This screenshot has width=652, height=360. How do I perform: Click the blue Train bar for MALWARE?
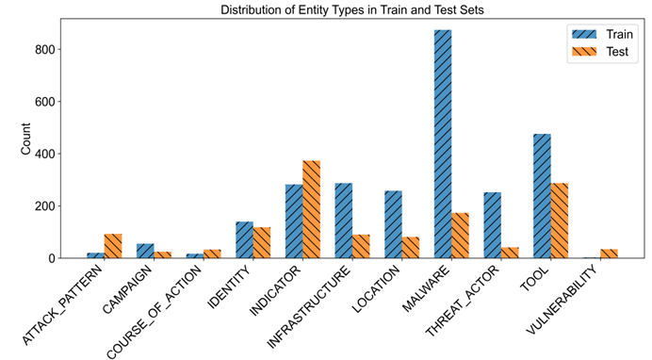(x=443, y=144)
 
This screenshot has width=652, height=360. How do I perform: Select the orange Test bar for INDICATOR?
(x=312, y=209)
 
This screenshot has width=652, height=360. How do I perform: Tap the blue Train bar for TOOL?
(x=542, y=196)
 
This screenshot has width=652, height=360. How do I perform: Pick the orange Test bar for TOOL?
(x=560, y=221)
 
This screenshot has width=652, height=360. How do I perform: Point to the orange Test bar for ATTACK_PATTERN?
(x=113, y=246)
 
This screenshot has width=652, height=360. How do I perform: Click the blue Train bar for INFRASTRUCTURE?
(x=344, y=221)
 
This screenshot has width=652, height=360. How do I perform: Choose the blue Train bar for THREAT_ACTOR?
(x=493, y=225)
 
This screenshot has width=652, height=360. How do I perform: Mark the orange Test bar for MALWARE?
(x=461, y=236)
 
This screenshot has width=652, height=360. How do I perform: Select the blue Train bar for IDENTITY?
(x=245, y=240)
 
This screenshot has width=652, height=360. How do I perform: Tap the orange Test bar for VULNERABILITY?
(x=610, y=254)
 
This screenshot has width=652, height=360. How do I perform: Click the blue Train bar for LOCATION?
(x=393, y=224)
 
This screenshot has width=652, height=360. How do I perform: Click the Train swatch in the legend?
(x=584, y=34)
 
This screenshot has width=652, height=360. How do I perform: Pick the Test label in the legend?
(x=617, y=52)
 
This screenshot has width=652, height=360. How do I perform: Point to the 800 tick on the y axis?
(x=58, y=49)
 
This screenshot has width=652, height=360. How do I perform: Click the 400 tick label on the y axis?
(x=43, y=154)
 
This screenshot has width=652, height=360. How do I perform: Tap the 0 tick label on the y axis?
(x=51, y=258)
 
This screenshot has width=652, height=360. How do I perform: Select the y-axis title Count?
(x=25, y=139)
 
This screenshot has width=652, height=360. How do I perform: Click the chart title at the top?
(x=351, y=9)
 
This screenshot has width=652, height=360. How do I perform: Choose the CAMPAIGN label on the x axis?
(x=127, y=289)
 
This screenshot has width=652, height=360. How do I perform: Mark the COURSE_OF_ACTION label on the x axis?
(x=155, y=311)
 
